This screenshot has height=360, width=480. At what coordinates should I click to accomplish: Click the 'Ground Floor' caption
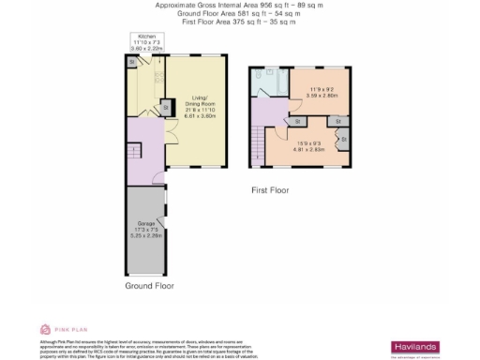coord(149,284)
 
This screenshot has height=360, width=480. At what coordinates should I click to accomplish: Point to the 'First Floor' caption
coord(270,190)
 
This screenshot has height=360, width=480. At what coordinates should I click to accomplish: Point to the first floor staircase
coord(258,143)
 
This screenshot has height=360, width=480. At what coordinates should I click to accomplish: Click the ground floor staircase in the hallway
coord(134,151)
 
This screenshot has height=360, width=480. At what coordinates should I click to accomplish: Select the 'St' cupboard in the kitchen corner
coord(131,63)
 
